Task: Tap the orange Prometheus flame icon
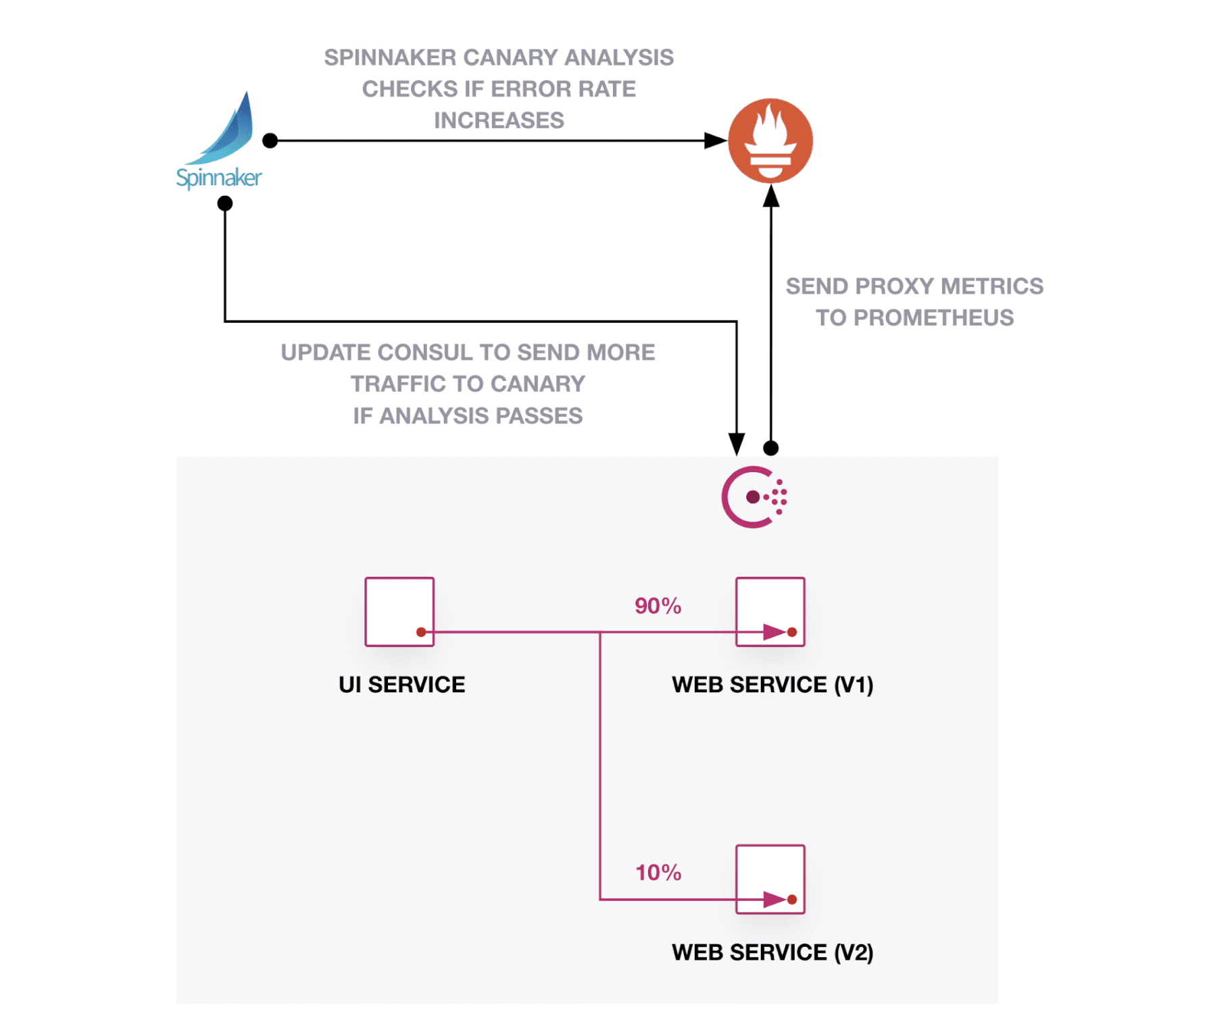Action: coord(770,140)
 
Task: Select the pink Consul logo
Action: coord(753,497)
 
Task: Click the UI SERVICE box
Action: coord(399,611)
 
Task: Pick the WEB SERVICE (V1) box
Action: coord(770,611)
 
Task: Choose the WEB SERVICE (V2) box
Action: coord(770,878)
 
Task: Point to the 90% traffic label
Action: coord(657,606)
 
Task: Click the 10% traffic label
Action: coord(658,873)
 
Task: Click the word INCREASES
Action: coord(499,120)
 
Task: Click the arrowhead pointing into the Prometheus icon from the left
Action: coord(716,140)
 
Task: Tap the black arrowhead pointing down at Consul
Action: coord(736,444)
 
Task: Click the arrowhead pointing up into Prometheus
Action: coord(770,197)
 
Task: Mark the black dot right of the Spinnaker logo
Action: coord(270,140)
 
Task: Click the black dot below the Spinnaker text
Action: coord(225,203)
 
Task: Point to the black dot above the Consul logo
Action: coord(770,448)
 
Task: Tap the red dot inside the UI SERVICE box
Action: coord(420,632)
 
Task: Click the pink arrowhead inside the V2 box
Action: coord(774,900)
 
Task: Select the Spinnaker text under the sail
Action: coord(218,178)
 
